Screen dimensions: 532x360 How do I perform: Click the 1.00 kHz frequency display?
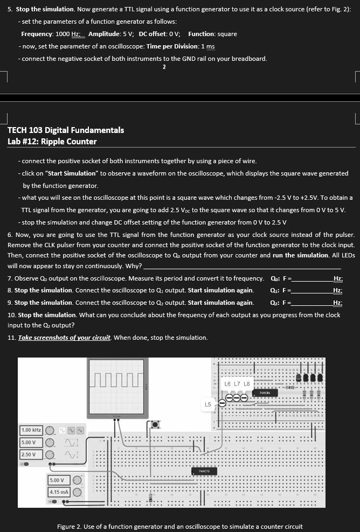pos(31,430)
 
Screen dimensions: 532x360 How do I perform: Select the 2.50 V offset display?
pos(29,454)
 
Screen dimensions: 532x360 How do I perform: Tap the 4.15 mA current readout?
pos(59,492)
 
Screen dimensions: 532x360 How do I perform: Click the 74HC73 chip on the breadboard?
pos(204,471)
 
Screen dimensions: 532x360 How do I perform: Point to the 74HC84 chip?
pos(265,394)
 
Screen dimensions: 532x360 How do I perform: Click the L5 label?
pos(208,403)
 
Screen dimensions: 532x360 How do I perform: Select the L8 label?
pos(247,384)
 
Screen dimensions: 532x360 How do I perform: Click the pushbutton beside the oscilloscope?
pos(155,425)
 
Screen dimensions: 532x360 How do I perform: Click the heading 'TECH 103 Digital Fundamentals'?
pos(66,130)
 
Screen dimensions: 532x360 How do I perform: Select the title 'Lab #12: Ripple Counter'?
pos(52,142)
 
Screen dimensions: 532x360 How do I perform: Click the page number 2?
pos(164,67)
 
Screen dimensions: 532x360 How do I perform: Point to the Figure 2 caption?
pos(179,526)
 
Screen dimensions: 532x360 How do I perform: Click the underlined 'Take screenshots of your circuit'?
pos(65,338)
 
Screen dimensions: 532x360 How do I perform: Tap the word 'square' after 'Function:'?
pos(227,34)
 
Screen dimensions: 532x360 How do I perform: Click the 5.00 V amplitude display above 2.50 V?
pos(29,442)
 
